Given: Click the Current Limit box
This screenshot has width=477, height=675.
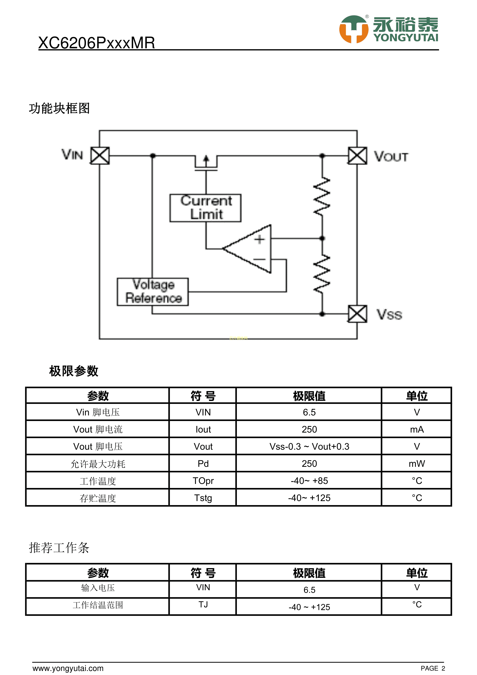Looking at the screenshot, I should coord(205,208).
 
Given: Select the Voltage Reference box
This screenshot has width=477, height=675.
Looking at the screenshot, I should coord(153,292).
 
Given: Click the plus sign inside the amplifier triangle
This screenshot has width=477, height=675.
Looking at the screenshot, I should coord(259,239).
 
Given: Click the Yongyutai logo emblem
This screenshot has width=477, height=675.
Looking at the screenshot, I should coord(354,29).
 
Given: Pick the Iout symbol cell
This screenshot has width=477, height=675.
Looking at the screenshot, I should coord(203,429).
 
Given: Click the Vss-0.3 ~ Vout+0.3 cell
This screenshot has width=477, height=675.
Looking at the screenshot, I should coord(309,446).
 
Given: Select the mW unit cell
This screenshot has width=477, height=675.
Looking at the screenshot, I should coord(416,464).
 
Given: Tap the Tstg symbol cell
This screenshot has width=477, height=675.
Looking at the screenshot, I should coord(203,498).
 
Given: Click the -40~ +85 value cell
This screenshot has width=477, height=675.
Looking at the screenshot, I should coord(309,481).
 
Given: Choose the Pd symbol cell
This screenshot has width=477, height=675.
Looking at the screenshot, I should coord(203,464).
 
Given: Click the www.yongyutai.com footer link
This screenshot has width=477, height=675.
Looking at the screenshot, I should coord(68,668).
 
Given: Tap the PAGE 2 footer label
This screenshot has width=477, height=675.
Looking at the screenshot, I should coord(433,668).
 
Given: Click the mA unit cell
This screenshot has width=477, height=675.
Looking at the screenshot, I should coord(416,429).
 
